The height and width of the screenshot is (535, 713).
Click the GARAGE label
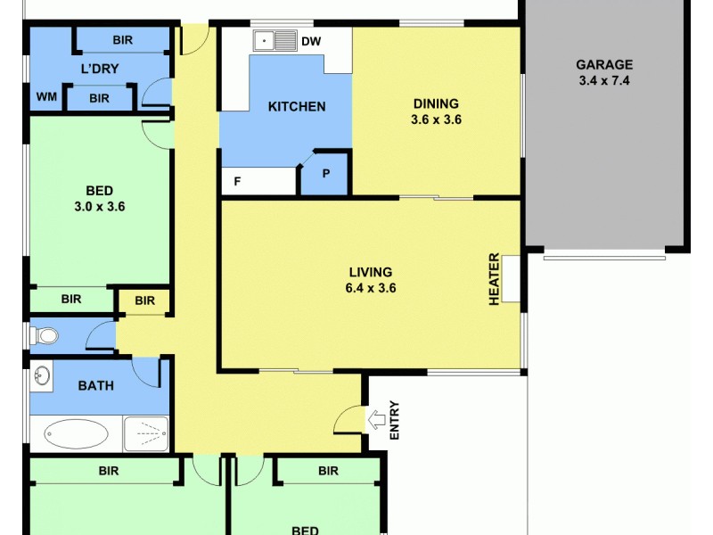tap(603, 64)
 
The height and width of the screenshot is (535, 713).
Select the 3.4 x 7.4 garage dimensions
tap(603, 81)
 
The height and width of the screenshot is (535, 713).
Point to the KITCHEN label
tap(297, 107)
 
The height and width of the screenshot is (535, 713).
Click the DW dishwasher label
tap(311, 41)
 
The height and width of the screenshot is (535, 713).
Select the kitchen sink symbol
tap(275, 41)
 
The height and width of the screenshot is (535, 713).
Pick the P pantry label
tap(326, 174)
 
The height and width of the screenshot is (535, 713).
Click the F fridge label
tap(237, 181)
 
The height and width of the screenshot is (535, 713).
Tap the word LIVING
tap(371, 271)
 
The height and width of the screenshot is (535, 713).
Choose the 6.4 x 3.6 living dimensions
tap(371, 288)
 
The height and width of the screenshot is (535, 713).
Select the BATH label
tap(95, 386)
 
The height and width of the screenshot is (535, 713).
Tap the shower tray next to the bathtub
tap(145, 433)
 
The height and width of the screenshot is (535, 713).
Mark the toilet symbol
tap(45, 336)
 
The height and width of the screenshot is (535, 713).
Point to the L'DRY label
tap(100, 69)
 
